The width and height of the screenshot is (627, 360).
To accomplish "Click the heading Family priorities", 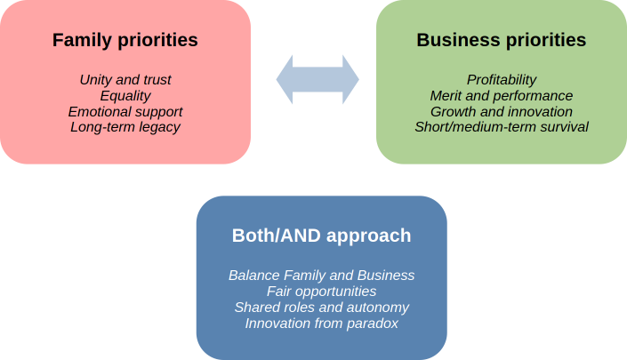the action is [x=125, y=40].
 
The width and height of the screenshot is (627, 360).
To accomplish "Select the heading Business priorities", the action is [x=502, y=40].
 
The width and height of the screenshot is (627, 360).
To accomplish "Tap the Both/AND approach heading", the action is [x=321, y=236].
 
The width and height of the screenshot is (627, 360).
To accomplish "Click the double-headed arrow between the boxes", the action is [x=318, y=79].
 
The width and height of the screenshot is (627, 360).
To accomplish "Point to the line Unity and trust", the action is [x=125, y=79].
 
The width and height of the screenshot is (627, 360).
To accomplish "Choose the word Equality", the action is [x=125, y=96].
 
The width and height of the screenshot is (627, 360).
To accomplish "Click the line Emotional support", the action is [x=125, y=111].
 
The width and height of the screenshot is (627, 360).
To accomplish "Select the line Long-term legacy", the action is [x=125, y=127].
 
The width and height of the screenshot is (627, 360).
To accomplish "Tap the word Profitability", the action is [x=502, y=79].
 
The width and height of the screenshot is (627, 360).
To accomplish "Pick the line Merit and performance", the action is [x=502, y=96].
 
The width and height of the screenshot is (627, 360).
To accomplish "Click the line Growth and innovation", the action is [x=502, y=111].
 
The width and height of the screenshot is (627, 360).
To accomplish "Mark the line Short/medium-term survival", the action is [x=502, y=127].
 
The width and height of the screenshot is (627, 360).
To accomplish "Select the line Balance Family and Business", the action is [x=321, y=276].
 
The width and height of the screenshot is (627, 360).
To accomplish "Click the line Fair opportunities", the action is [x=321, y=292].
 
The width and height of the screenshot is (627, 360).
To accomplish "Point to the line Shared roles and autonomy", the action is [x=321, y=308].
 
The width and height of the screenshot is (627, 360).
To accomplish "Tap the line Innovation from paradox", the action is [x=321, y=324].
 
